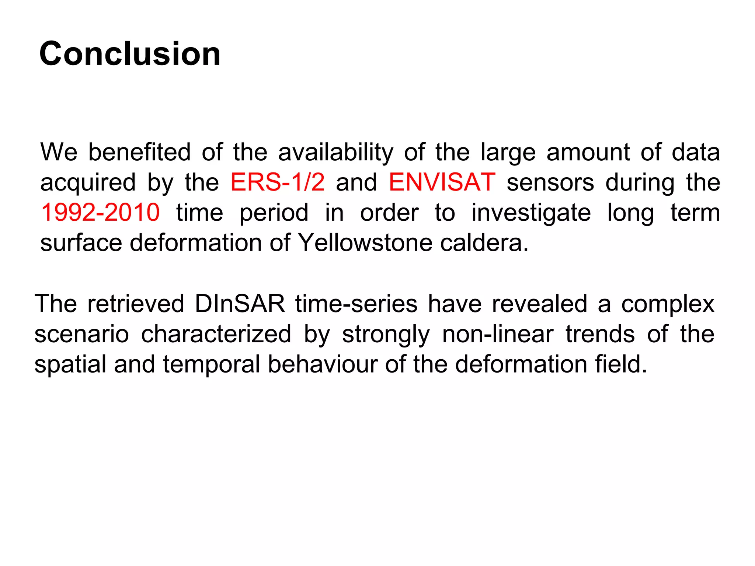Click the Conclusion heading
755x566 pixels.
tap(130, 54)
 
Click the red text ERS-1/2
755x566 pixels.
tap(277, 182)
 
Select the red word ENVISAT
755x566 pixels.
tap(442, 182)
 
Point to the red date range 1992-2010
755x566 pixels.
tap(100, 213)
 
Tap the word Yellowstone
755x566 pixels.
tap(365, 243)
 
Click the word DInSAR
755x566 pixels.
tap(240, 304)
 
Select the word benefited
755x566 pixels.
tap(139, 152)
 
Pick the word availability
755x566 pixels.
tap(335, 153)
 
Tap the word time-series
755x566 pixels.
tap(356, 304)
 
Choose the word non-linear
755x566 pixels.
tap(498, 334)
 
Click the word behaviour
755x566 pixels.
tap(323, 364)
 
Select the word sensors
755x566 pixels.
tap(550, 182)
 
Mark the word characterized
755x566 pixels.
tap(216, 334)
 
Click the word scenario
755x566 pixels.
tap(81, 334)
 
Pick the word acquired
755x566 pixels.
tap(88, 183)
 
